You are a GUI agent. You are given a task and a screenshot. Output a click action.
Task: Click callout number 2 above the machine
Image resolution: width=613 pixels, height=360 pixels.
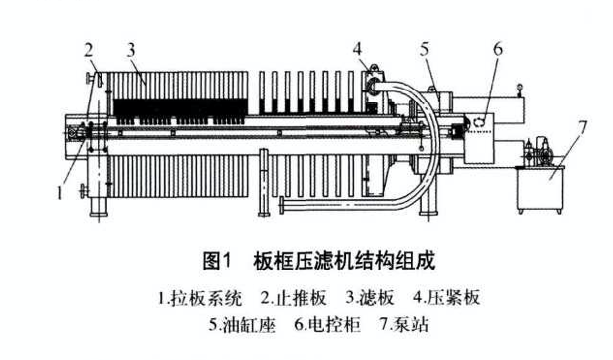89,48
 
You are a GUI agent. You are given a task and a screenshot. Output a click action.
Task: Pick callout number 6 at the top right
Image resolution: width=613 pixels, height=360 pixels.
499,47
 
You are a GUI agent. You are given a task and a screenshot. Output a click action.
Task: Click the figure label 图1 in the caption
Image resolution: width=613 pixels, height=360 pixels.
217,261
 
